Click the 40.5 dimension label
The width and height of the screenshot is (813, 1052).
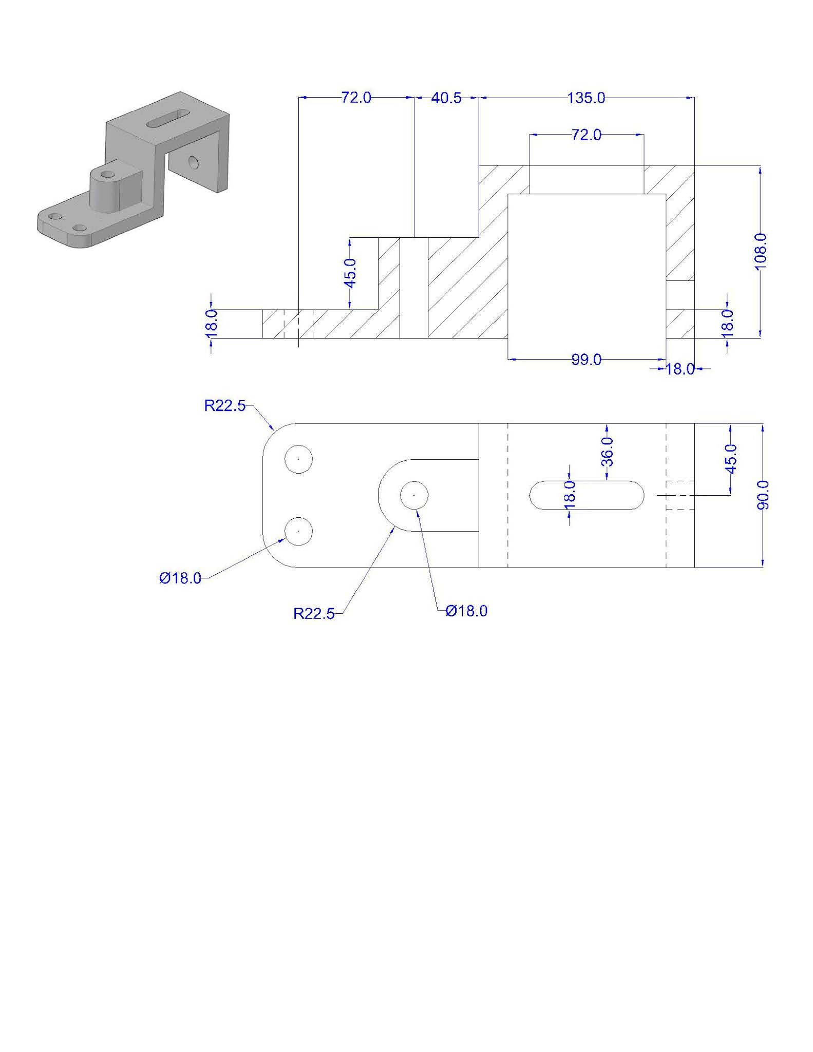(446, 98)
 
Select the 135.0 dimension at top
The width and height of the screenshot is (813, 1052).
(586, 98)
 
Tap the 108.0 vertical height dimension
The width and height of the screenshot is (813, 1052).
(761, 249)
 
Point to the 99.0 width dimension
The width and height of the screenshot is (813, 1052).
(586, 360)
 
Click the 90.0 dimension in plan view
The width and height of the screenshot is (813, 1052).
(763, 495)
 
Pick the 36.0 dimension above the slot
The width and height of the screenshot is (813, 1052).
(607, 451)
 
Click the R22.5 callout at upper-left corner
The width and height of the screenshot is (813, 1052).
(225, 406)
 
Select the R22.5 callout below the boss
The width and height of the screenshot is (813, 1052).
(314, 613)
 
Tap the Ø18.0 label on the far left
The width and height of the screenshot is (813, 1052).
(180, 578)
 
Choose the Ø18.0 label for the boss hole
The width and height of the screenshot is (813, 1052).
(466, 611)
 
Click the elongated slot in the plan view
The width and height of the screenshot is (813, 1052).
(586, 495)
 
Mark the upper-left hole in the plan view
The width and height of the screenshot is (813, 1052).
(299, 459)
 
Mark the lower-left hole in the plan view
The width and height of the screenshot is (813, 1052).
(299, 532)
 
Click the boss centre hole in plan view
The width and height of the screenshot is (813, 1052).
(414, 495)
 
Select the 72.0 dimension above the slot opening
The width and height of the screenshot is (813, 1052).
(586, 135)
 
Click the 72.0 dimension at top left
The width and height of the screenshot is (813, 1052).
(356, 98)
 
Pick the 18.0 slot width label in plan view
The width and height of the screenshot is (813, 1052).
(569, 495)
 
